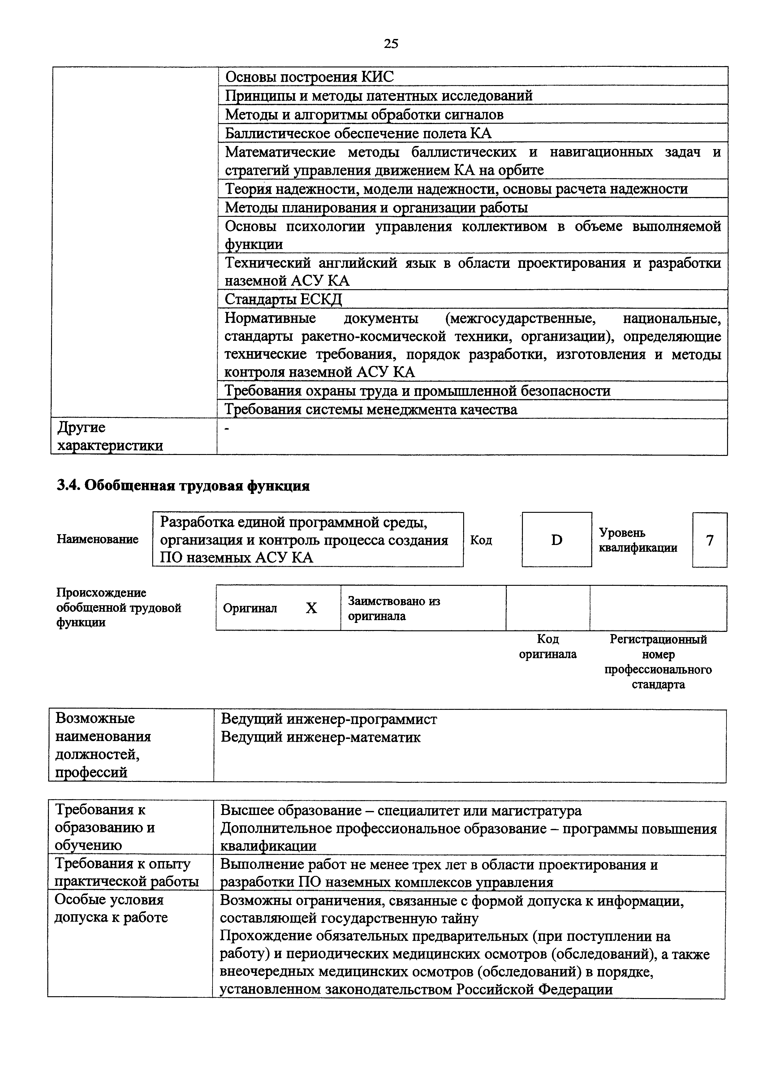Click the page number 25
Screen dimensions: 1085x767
click(391, 44)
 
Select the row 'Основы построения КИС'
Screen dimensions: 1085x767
click(309, 77)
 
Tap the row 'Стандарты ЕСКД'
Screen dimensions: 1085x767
click(283, 299)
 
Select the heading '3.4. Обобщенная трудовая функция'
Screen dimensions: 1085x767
click(183, 486)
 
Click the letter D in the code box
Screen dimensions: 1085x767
click(557, 540)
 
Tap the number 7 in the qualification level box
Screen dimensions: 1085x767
click(709, 540)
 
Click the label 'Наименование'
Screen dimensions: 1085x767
click(97, 539)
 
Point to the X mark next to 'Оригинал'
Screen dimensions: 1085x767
click(311, 608)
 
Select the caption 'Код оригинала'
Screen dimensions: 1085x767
click(548, 646)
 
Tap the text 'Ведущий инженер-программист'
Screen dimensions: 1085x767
click(329, 719)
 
